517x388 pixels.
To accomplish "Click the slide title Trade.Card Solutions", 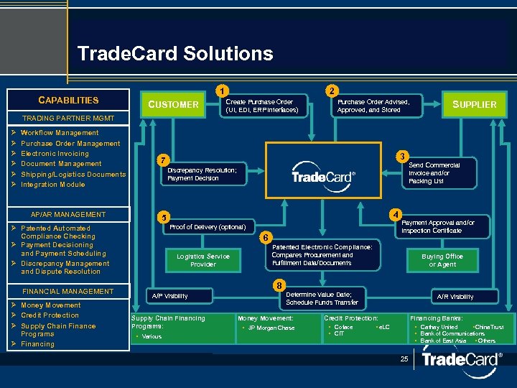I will (174, 54).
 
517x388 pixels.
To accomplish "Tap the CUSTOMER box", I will (173, 105).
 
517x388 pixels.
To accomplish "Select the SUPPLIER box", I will (474, 105).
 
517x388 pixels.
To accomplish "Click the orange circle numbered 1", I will (224, 91).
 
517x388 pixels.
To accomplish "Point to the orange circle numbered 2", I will (330, 91).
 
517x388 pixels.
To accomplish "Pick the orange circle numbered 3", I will (404, 156).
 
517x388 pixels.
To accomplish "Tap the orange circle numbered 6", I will (265, 237).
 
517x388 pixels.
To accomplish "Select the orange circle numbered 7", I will (163, 159).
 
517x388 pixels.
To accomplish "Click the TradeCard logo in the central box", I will (323, 175).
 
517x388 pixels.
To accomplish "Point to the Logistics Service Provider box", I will (203, 260).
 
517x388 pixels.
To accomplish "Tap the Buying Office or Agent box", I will (442, 260).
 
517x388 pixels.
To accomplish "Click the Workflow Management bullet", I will (60, 133).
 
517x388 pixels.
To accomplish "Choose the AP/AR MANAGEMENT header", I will (68, 215).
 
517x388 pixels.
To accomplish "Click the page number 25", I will (405, 358).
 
